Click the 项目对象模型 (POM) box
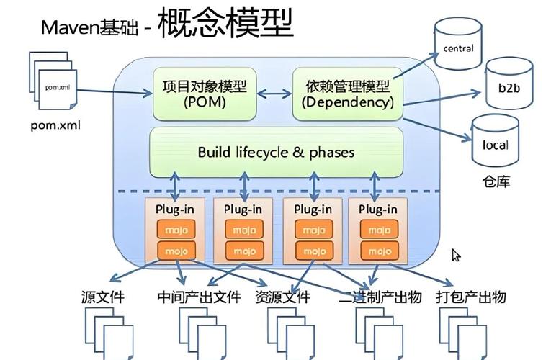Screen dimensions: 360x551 click(x=205, y=94)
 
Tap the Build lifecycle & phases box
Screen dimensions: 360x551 click(x=276, y=153)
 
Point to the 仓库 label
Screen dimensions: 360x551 click(x=495, y=181)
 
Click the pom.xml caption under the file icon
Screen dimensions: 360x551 click(x=55, y=125)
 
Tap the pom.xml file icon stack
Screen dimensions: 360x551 click(x=55, y=84)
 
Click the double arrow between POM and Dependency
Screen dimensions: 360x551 click(x=274, y=94)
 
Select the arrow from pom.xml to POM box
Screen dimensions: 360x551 click(x=115, y=91)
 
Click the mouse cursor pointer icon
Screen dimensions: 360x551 click(x=456, y=256)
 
